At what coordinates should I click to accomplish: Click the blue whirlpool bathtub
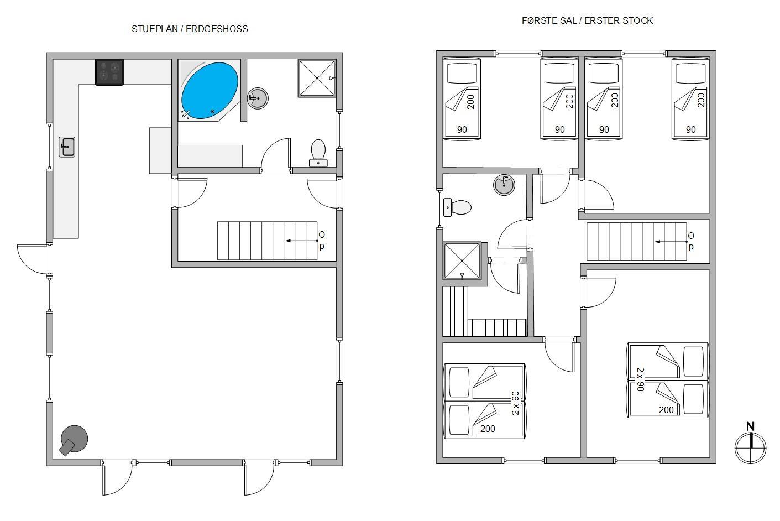point(210,91)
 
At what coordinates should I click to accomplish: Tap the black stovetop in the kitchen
point(109,72)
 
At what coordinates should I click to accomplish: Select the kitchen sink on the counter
point(67,147)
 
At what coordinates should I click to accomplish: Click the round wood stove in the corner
point(74,440)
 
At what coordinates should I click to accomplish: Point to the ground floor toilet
point(318,153)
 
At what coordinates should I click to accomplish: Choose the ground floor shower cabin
point(317,79)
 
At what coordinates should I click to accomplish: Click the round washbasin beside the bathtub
point(258,98)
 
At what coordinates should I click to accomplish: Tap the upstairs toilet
point(457,207)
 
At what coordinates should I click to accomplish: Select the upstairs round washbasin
point(504,185)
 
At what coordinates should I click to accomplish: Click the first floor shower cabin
point(462,260)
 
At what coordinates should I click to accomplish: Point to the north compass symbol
point(750,443)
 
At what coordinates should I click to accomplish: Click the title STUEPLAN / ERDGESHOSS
point(190,29)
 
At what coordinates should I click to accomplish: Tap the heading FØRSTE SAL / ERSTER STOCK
point(587,21)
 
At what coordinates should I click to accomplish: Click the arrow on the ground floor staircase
point(302,241)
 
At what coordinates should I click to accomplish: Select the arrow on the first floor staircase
point(671,242)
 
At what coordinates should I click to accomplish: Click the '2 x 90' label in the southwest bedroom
point(515,403)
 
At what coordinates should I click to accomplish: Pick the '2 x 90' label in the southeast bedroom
point(641,379)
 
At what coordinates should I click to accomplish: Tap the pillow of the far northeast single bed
point(690,74)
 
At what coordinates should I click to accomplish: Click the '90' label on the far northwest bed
point(462,129)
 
